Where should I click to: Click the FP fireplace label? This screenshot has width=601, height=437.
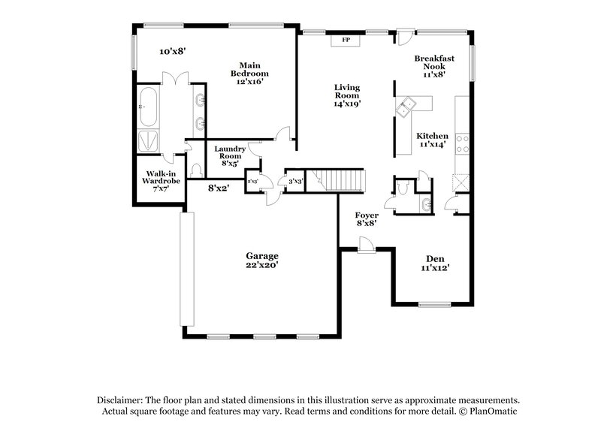tap(346, 41)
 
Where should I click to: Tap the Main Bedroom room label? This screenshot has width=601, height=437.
tap(249, 74)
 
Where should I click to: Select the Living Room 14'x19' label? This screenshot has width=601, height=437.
tap(347, 95)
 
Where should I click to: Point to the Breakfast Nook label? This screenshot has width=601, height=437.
tap(433, 66)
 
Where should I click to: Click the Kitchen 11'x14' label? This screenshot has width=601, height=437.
tap(432, 140)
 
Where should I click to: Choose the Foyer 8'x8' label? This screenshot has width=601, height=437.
tap(367, 218)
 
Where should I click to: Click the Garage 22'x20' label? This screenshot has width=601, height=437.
tap(261, 260)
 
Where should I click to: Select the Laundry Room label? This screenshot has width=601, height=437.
tap(229, 155)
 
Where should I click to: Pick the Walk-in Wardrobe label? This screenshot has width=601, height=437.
tap(161, 181)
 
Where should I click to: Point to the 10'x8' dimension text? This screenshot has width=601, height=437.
tap(172, 52)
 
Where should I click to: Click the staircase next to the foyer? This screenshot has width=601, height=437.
tap(341, 180)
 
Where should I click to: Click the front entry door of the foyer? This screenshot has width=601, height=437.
tap(366, 246)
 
